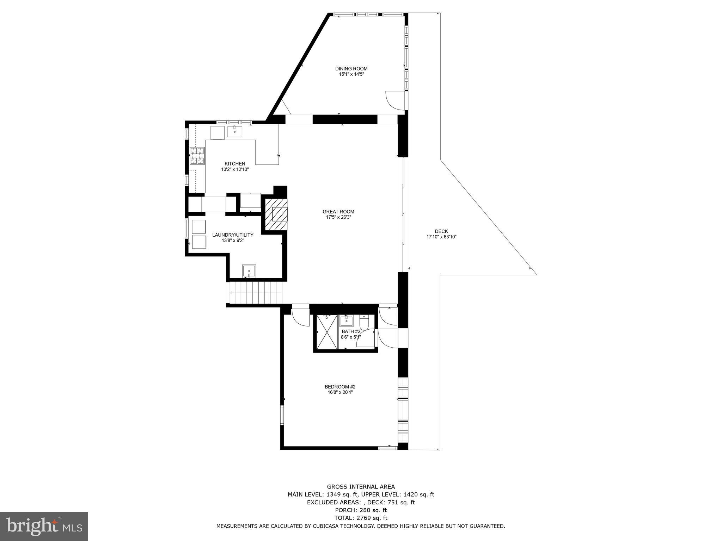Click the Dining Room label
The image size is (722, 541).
point(351,69)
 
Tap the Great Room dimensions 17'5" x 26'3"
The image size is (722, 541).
point(338,217)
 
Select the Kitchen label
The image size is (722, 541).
point(235,164)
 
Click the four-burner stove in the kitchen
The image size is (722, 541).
point(197,156)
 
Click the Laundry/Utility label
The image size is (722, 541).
point(233,235)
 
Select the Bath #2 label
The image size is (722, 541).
point(351,331)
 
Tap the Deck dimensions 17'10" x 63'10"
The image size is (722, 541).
point(441,237)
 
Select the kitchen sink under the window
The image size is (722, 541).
point(234,132)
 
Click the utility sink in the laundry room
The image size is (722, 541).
point(249,271)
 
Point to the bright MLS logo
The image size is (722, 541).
point(44,526)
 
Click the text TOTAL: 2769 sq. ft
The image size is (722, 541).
point(361,518)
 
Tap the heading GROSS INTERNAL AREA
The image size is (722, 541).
point(361,487)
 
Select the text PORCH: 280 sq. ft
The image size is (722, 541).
point(361,510)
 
